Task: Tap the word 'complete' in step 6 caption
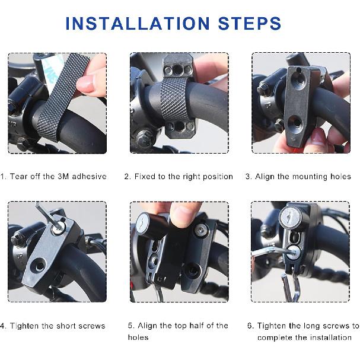(276, 337)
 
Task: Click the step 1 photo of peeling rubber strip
(57, 103)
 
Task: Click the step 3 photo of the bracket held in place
(298, 103)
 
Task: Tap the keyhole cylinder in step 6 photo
(288, 218)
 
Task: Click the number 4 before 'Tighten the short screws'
(3, 326)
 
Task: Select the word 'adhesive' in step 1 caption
(89, 176)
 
